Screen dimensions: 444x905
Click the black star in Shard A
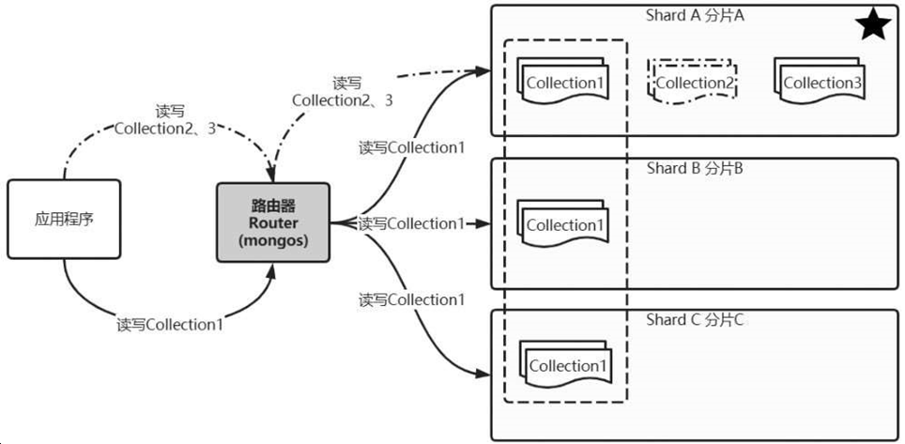[873, 25]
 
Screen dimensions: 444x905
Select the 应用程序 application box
[64, 220]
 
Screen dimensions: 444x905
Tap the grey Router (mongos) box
[273, 222]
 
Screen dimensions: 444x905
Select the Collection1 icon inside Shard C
[565, 364]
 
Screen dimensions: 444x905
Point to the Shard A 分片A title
[696, 16]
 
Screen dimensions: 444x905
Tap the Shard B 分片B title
[696, 169]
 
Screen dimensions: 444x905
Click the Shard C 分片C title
[696, 320]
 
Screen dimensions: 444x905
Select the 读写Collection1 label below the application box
[170, 325]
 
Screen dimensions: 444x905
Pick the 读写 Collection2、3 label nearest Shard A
[342, 92]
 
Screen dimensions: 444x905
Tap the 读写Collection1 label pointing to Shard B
[412, 223]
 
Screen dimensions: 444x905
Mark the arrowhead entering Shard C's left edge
[483, 374]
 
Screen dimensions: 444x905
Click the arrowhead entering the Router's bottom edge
[273, 268]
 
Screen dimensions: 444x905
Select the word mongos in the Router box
[273, 240]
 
